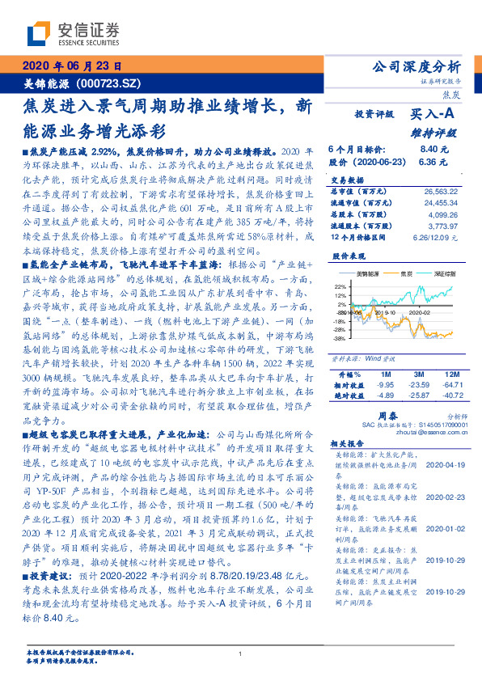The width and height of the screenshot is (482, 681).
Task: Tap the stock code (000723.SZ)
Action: coord(108,82)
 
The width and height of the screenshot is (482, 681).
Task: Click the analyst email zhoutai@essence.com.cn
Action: coord(416,433)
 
